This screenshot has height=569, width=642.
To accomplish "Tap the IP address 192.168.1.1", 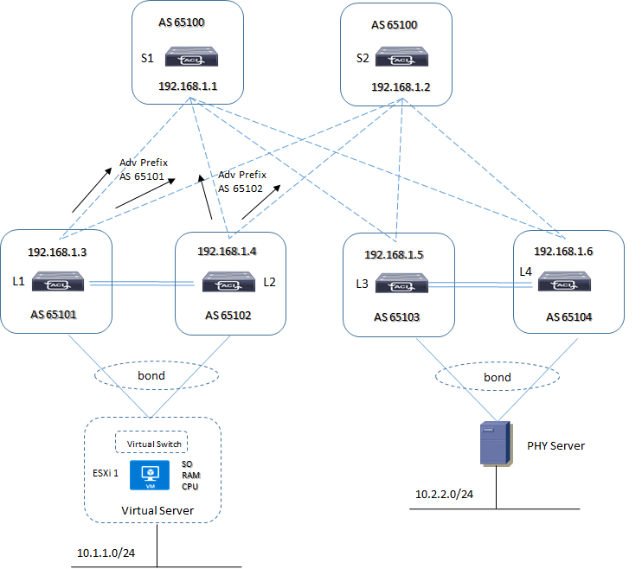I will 189,86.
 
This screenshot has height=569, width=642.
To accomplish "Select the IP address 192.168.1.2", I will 401,87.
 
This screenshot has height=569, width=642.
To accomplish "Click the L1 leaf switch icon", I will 59,281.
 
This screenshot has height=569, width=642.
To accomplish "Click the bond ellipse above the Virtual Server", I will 157,377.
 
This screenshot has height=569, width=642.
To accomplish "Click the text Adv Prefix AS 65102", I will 244,181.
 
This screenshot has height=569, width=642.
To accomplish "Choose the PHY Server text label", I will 555,445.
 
